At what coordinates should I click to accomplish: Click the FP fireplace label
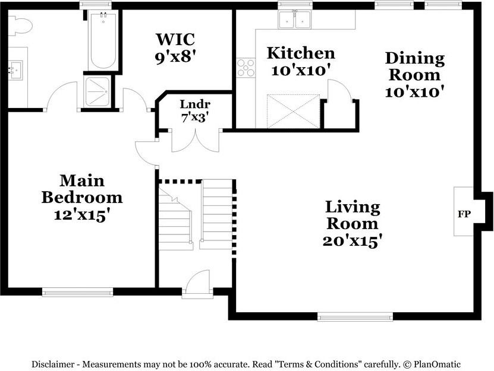click(464, 214)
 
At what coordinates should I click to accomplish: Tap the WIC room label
click(175, 39)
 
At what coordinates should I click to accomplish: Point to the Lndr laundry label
click(195, 104)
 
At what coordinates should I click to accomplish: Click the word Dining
click(414, 59)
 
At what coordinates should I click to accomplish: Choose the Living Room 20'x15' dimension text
click(353, 241)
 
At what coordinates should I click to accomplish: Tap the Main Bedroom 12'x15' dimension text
click(82, 215)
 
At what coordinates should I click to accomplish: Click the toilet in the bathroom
click(20, 26)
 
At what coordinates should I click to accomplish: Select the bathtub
click(103, 40)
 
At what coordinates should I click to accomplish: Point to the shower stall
click(97, 91)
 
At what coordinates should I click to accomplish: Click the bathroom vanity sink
click(15, 70)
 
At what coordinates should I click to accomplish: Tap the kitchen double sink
click(295, 20)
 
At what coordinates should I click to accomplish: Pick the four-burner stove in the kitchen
click(246, 68)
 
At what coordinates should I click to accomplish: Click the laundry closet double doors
click(196, 140)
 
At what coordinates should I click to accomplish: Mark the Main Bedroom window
click(77, 292)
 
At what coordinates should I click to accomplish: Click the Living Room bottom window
click(355, 316)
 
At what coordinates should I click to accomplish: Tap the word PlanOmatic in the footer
click(437, 364)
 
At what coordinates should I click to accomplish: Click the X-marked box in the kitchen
click(293, 111)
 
